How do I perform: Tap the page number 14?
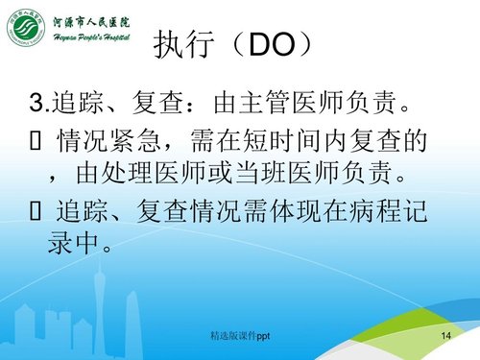click(444, 337)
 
